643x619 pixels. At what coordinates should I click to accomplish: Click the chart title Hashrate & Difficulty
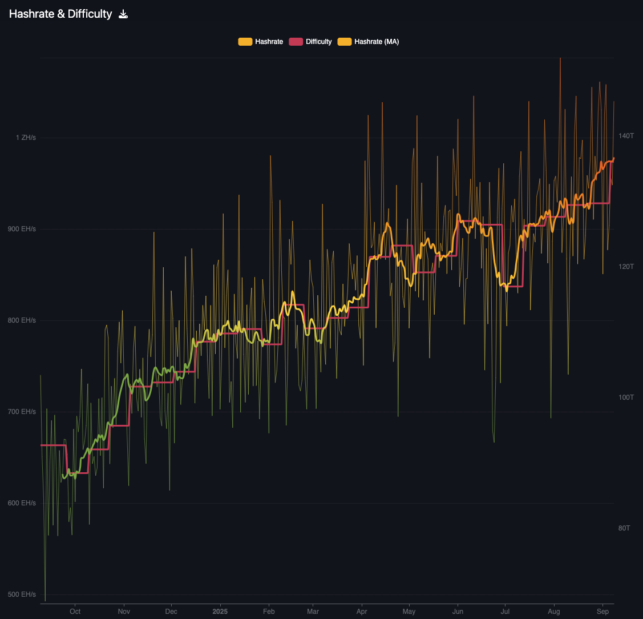tap(60, 14)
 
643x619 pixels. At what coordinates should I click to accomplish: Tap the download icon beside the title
tap(123, 14)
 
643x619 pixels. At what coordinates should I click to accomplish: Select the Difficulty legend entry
tap(310, 42)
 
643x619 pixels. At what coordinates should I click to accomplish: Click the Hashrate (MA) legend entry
tap(368, 42)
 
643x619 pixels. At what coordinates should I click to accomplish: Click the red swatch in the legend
tap(296, 42)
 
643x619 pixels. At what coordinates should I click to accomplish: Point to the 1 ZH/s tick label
tap(26, 138)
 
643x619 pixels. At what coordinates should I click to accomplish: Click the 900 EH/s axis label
tap(22, 229)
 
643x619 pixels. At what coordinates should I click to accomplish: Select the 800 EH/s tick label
tap(22, 320)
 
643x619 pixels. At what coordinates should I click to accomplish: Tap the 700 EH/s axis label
tap(22, 412)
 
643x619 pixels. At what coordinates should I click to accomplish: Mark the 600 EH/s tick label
tap(22, 503)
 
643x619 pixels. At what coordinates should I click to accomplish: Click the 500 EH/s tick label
tap(22, 594)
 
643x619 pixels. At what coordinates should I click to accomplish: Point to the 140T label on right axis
tap(626, 136)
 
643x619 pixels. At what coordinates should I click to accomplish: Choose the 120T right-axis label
tap(626, 267)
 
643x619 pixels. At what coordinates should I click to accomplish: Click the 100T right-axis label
tap(626, 397)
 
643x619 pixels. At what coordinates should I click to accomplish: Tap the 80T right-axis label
tap(624, 528)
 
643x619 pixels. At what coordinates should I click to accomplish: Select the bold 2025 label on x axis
tap(220, 612)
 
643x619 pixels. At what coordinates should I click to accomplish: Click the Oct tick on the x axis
tap(75, 612)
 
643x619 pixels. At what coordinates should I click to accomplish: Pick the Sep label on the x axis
tap(603, 612)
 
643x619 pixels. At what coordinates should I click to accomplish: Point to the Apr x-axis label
tap(362, 612)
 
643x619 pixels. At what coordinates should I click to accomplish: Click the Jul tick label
tap(505, 612)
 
